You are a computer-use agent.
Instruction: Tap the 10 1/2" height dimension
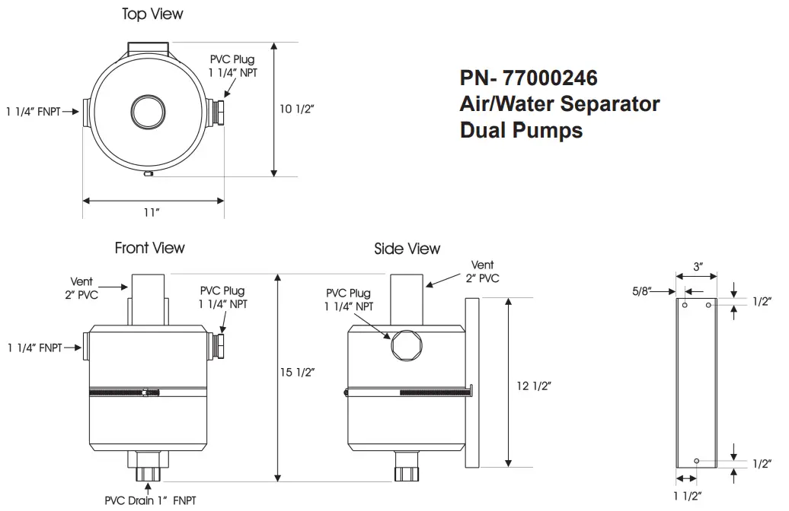(x=296, y=109)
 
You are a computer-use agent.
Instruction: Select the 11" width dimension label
(x=152, y=212)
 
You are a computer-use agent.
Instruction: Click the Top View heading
(x=152, y=14)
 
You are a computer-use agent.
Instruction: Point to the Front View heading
(x=149, y=248)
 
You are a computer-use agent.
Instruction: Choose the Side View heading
(x=407, y=249)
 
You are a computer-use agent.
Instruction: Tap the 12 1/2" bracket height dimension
(x=533, y=386)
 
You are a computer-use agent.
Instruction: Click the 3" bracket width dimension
(x=698, y=267)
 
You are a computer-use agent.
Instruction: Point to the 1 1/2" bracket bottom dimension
(x=686, y=497)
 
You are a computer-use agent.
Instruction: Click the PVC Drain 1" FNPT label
(x=150, y=500)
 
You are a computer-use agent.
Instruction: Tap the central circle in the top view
(x=148, y=111)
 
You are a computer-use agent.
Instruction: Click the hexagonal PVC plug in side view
(x=404, y=346)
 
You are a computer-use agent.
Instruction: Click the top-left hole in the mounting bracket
(x=685, y=305)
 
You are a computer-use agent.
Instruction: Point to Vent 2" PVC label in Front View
(x=81, y=288)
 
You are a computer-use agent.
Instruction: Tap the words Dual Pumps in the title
(x=521, y=130)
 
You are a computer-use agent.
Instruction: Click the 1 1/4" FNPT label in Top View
(x=33, y=111)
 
